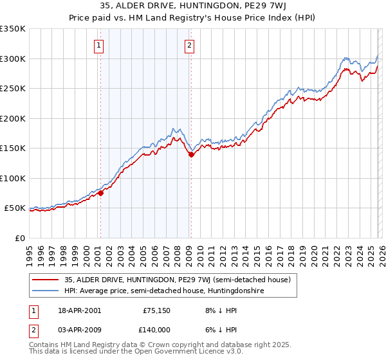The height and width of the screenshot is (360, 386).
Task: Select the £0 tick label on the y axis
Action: coord(19,238)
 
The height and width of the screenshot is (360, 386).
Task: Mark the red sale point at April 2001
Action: coord(100,193)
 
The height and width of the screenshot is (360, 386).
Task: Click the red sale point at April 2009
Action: coord(191,154)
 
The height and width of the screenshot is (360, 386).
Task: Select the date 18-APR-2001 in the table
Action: coord(78,310)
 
